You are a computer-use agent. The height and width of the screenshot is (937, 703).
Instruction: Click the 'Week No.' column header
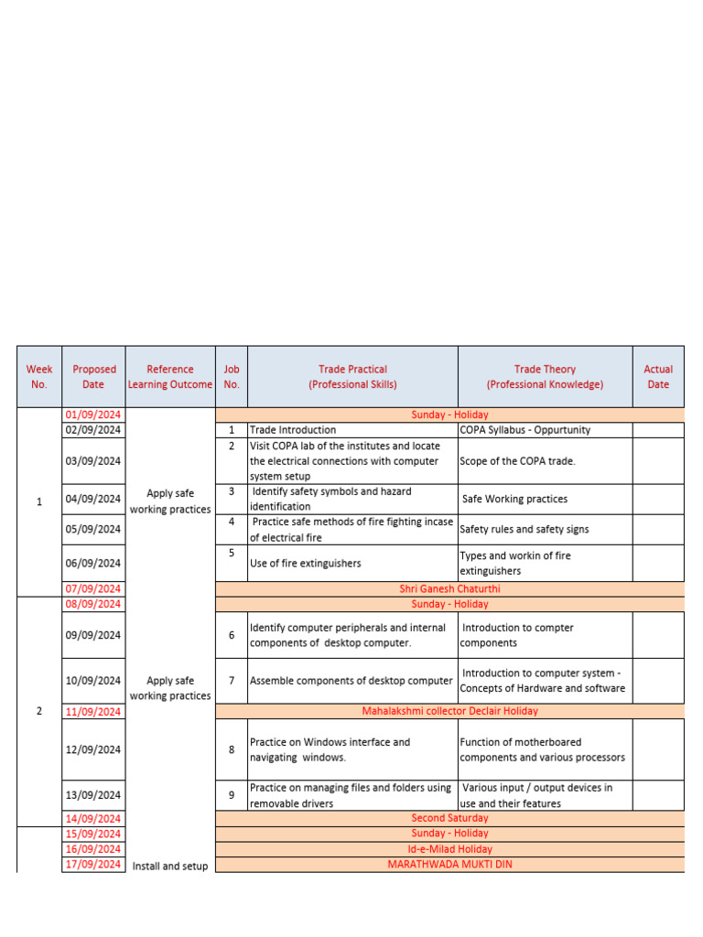pyautogui.click(x=39, y=377)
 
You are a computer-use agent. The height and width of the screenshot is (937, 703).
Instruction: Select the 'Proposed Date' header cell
pyautogui.click(x=93, y=377)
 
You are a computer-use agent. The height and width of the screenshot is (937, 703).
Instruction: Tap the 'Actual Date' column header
pyautogui.click(x=658, y=377)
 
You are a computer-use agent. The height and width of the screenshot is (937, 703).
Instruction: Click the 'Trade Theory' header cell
pyautogui.click(x=545, y=377)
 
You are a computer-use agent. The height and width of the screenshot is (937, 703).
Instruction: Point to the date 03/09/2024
pyautogui.click(x=93, y=461)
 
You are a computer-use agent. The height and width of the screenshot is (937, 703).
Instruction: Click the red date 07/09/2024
pyautogui.click(x=93, y=589)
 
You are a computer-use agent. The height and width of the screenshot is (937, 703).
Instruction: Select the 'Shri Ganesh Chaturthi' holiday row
pyautogui.click(x=449, y=589)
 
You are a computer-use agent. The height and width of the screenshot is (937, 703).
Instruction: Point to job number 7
pyautogui.click(x=232, y=681)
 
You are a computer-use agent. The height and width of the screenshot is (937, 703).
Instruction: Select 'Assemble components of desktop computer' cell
pyautogui.click(x=351, y=681)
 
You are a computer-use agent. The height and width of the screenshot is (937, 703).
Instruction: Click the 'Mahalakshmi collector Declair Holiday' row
pyautogui.click(x=449, y=711)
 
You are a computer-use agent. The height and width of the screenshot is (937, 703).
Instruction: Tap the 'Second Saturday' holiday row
pyautogui.click(x=449, y=818)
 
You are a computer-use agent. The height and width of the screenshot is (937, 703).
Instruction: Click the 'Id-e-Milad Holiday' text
pyautogui.click(x=449, y=849)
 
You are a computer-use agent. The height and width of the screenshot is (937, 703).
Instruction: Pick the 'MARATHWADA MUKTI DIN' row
pyautogui.click(x=449, y=864)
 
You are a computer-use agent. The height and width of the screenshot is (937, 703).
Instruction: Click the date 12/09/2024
pyautogui.click(x=93, y=749)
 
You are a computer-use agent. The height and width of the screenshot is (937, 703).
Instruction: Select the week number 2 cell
pyautogui.click(x=39, y=711)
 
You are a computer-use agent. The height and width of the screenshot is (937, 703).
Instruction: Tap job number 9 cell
pyautogui.click(x=232, y=795)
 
